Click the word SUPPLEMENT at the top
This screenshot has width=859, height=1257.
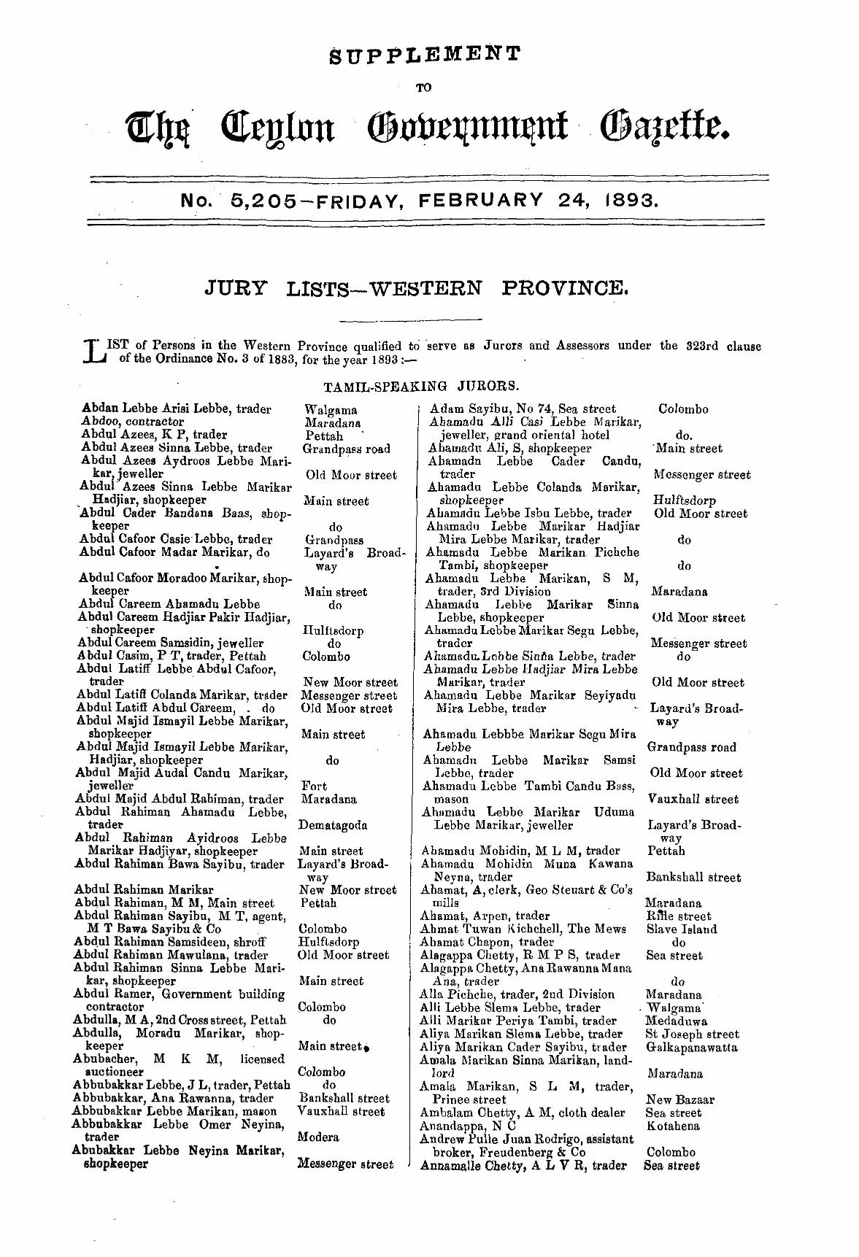tap(424, 54)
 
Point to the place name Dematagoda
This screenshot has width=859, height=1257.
tap(333, 825)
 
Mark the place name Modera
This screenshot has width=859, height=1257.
tap(318, 1137)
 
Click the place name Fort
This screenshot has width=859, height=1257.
tap(314, 786)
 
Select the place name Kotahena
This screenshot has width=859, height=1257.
tap(672, 1126)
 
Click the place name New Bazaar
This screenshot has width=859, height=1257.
tap(680, 1099)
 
